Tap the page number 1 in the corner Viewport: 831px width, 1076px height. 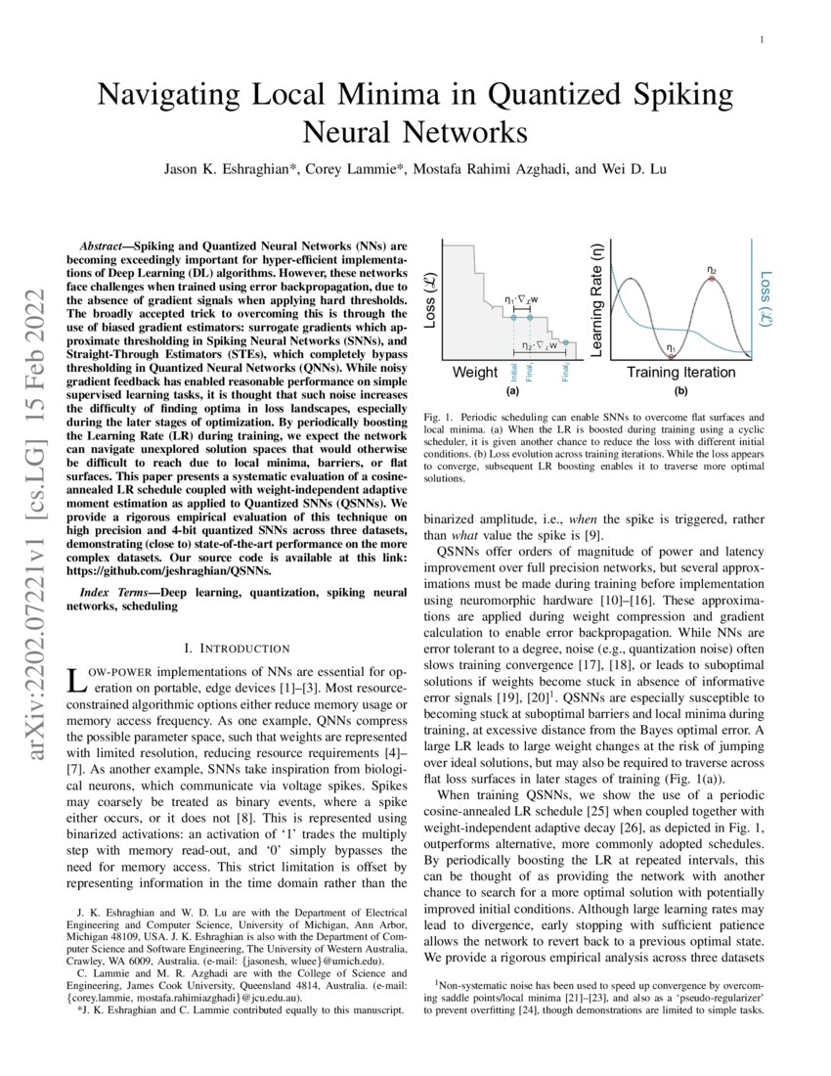(x=761, y=39)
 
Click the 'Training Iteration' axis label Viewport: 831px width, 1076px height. (x=680, y=373)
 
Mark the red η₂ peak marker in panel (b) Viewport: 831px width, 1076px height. (x=712, y=279)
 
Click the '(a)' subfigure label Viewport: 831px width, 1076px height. (x=511, y=390)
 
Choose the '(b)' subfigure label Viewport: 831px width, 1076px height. (x=680, y=390)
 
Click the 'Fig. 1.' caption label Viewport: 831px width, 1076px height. (x=437, y=417)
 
